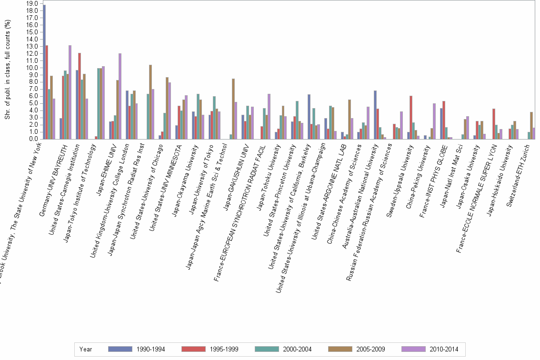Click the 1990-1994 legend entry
[137, 349]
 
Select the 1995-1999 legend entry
[210, 349]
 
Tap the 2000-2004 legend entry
[283, 349]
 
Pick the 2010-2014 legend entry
[430, 349]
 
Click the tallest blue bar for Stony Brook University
[44, 71]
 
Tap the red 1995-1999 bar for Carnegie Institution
[80, 96]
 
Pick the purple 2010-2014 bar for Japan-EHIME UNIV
[120, 96]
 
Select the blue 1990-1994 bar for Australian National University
[375, 114]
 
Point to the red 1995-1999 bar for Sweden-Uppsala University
[410, 117]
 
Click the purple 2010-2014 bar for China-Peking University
[434, 121]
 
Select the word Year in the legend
[86, 349]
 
